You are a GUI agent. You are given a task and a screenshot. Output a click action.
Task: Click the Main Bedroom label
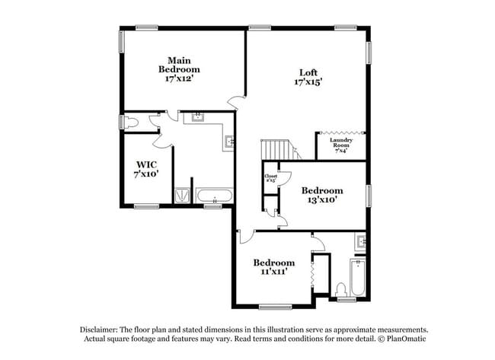179,69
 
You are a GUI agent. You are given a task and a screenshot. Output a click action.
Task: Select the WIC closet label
145,169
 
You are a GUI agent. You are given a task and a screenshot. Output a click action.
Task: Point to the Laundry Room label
340,145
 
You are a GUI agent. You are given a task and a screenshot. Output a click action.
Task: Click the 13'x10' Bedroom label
321,195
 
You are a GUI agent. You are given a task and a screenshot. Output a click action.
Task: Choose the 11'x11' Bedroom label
273,266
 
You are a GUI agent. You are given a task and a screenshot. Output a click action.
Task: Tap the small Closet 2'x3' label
270,178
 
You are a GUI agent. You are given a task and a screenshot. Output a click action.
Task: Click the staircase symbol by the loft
276,149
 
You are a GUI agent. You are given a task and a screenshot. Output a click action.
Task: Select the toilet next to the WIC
130,122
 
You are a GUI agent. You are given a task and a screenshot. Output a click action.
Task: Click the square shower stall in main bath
183,196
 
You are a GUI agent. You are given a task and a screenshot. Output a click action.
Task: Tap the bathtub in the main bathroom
215,196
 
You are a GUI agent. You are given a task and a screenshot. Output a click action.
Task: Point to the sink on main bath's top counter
198,118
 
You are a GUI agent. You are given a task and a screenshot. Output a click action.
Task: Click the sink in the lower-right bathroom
359,244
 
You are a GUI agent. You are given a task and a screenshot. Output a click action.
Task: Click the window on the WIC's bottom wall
147,206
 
